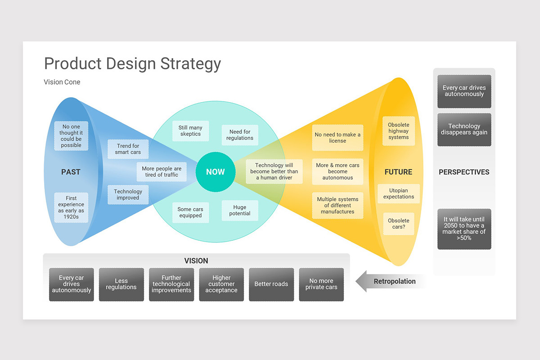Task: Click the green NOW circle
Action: (x=215, y=171)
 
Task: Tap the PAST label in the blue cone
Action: (x=71, y=172)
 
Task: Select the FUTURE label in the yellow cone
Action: (x=398, y=172)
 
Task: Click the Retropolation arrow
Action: (x=390, y=281)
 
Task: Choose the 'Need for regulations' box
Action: (x=240, y=135)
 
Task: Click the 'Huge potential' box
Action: (x=240, y=211)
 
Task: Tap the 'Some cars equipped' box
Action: (x=190, y=212)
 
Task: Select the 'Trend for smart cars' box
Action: (x=128, y=149)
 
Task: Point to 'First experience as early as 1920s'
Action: (x=71, y=207)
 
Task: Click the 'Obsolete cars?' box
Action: (x=399, y=224)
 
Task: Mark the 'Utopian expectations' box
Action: (x=399, y=193)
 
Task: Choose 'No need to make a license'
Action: (x=337, y=138)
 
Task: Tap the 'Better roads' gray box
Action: (x=271, y=284)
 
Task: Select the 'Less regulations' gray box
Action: (x=121, y=284)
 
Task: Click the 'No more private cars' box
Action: (x=321, y=284)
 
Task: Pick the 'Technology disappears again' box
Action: (x=464, y=130)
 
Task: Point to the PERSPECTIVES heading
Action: (x=464, y=172)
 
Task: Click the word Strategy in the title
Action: (x=190, y=63)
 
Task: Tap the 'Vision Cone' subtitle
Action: (x=62, y=82)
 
